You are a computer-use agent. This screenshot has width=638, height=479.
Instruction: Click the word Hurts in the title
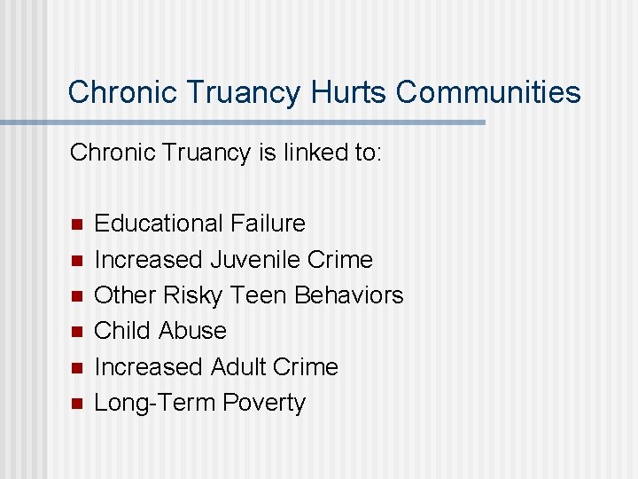[348, 92]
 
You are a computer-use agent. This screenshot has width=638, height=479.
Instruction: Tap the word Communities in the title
[488, 92]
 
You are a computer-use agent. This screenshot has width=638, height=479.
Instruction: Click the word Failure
[268, 224]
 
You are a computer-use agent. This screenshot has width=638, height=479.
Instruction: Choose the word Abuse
[193, 331]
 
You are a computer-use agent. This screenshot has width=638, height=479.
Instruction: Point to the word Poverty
[264, 403]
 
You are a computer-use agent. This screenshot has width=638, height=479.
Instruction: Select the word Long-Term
[155, 403]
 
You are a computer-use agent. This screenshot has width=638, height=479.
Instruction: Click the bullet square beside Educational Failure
[75, 224]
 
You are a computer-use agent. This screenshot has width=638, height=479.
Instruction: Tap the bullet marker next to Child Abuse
[75, 332]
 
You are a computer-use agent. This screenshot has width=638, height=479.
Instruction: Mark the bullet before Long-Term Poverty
[75, 404]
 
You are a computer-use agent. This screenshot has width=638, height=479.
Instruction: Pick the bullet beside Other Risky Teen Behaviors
[75, 295]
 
